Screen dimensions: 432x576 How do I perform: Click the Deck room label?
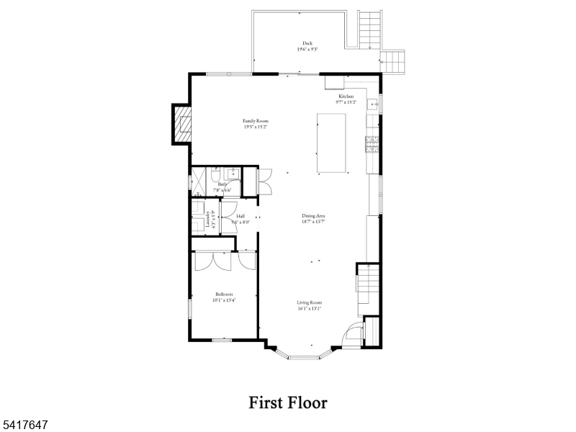pos(307,42)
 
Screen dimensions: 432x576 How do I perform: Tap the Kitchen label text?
pos(346,96)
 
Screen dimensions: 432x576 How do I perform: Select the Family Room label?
pos(255,121)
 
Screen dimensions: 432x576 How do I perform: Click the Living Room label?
pos(310,302)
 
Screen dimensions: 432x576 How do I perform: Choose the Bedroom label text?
pos(225,294)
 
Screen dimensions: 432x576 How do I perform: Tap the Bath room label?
pos(222,184)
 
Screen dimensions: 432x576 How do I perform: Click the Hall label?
pos(240,216)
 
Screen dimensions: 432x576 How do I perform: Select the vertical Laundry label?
pos(207,220)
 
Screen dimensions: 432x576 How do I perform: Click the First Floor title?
pos(288,402)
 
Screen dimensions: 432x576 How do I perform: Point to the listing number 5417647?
pos(24,426)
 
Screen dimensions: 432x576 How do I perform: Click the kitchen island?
pos(332,143)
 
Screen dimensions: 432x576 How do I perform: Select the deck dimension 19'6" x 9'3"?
pos(307,49)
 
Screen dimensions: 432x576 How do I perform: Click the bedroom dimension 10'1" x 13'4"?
pos(225,300)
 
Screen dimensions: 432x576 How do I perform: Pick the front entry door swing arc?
pos(354,333)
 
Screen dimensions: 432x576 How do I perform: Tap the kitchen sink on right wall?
pos(374,104)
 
